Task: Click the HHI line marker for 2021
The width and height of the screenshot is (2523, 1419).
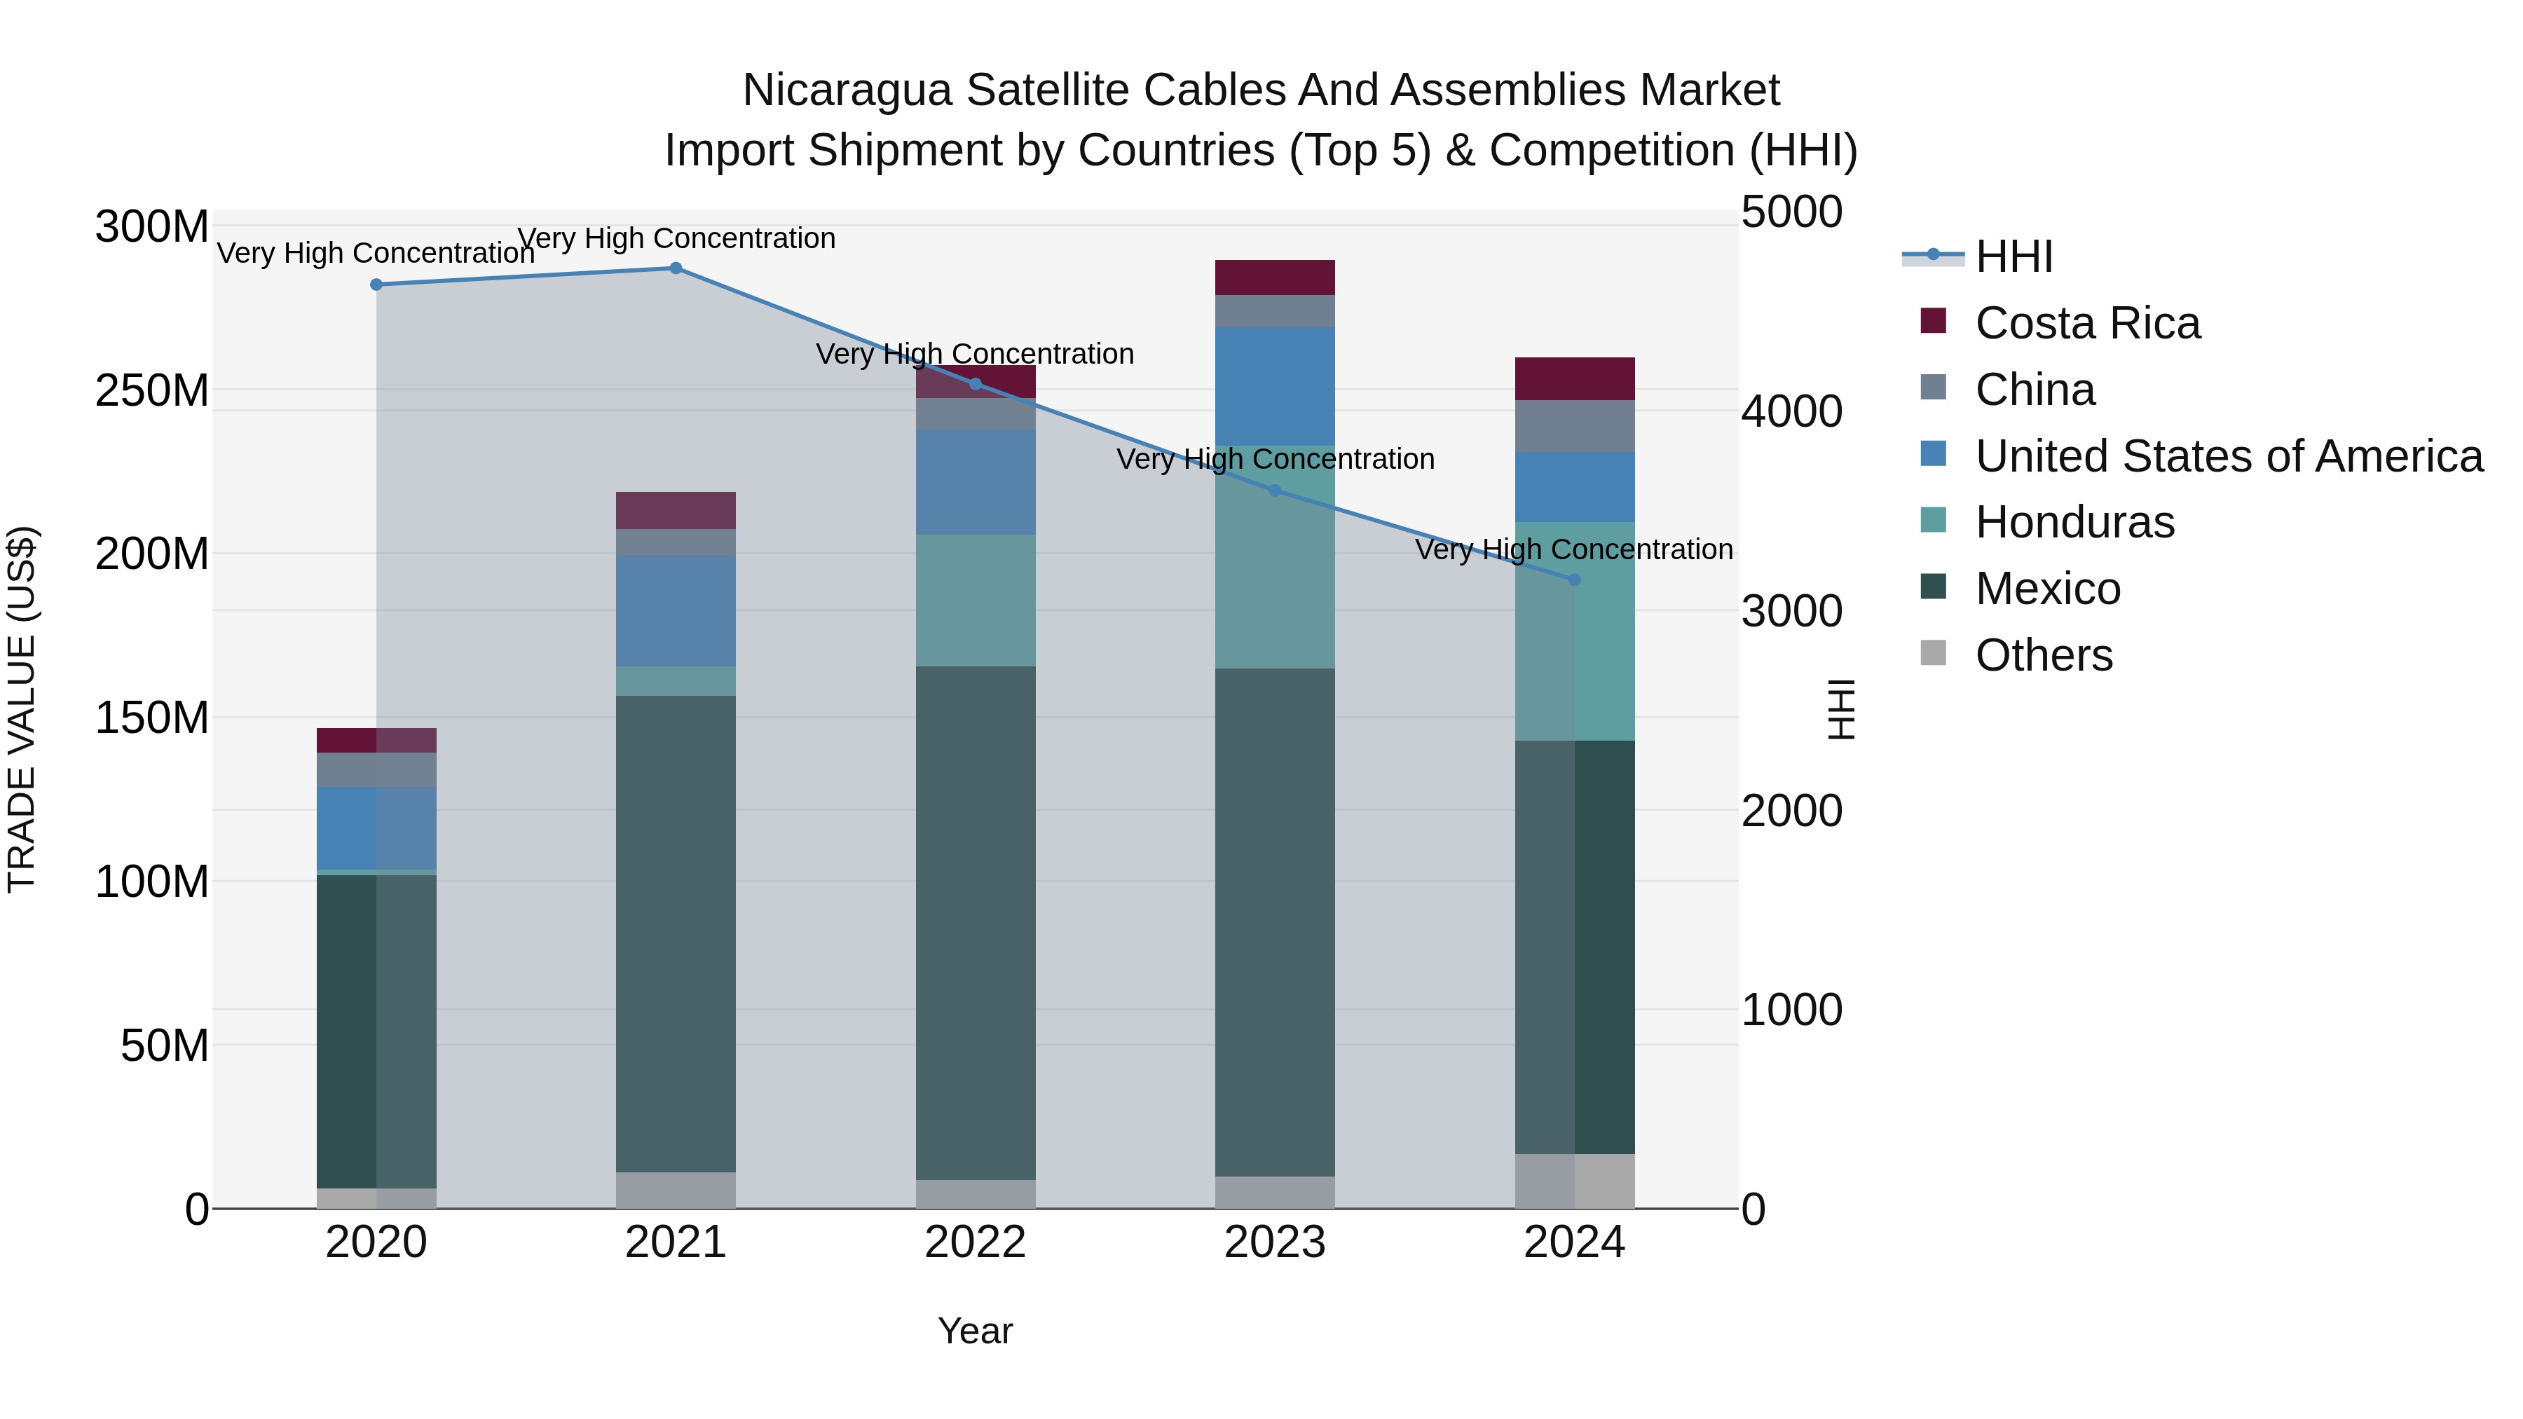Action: [x=676, y=268]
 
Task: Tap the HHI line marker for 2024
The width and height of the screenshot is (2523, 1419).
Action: [x=1575, y=580]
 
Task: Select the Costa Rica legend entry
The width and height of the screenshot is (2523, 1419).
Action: [x=2086, y=323]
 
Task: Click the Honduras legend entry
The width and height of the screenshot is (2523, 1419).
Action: [x=2074, y=522]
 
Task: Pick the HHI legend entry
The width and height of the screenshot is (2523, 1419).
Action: [x=2013, y=256]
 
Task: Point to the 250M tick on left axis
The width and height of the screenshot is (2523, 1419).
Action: [x=152, y=391]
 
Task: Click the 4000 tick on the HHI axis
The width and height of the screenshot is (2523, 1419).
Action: [x=1791, y=411]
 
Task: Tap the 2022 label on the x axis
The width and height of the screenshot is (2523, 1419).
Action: [x=975, y=1242]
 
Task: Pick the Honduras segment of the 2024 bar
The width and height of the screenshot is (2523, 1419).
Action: [x=1575, y=631]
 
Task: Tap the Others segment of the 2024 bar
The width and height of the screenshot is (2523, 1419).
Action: [x=1575, y=1181]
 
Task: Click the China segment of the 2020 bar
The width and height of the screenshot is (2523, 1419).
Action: [x=376, y=769]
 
